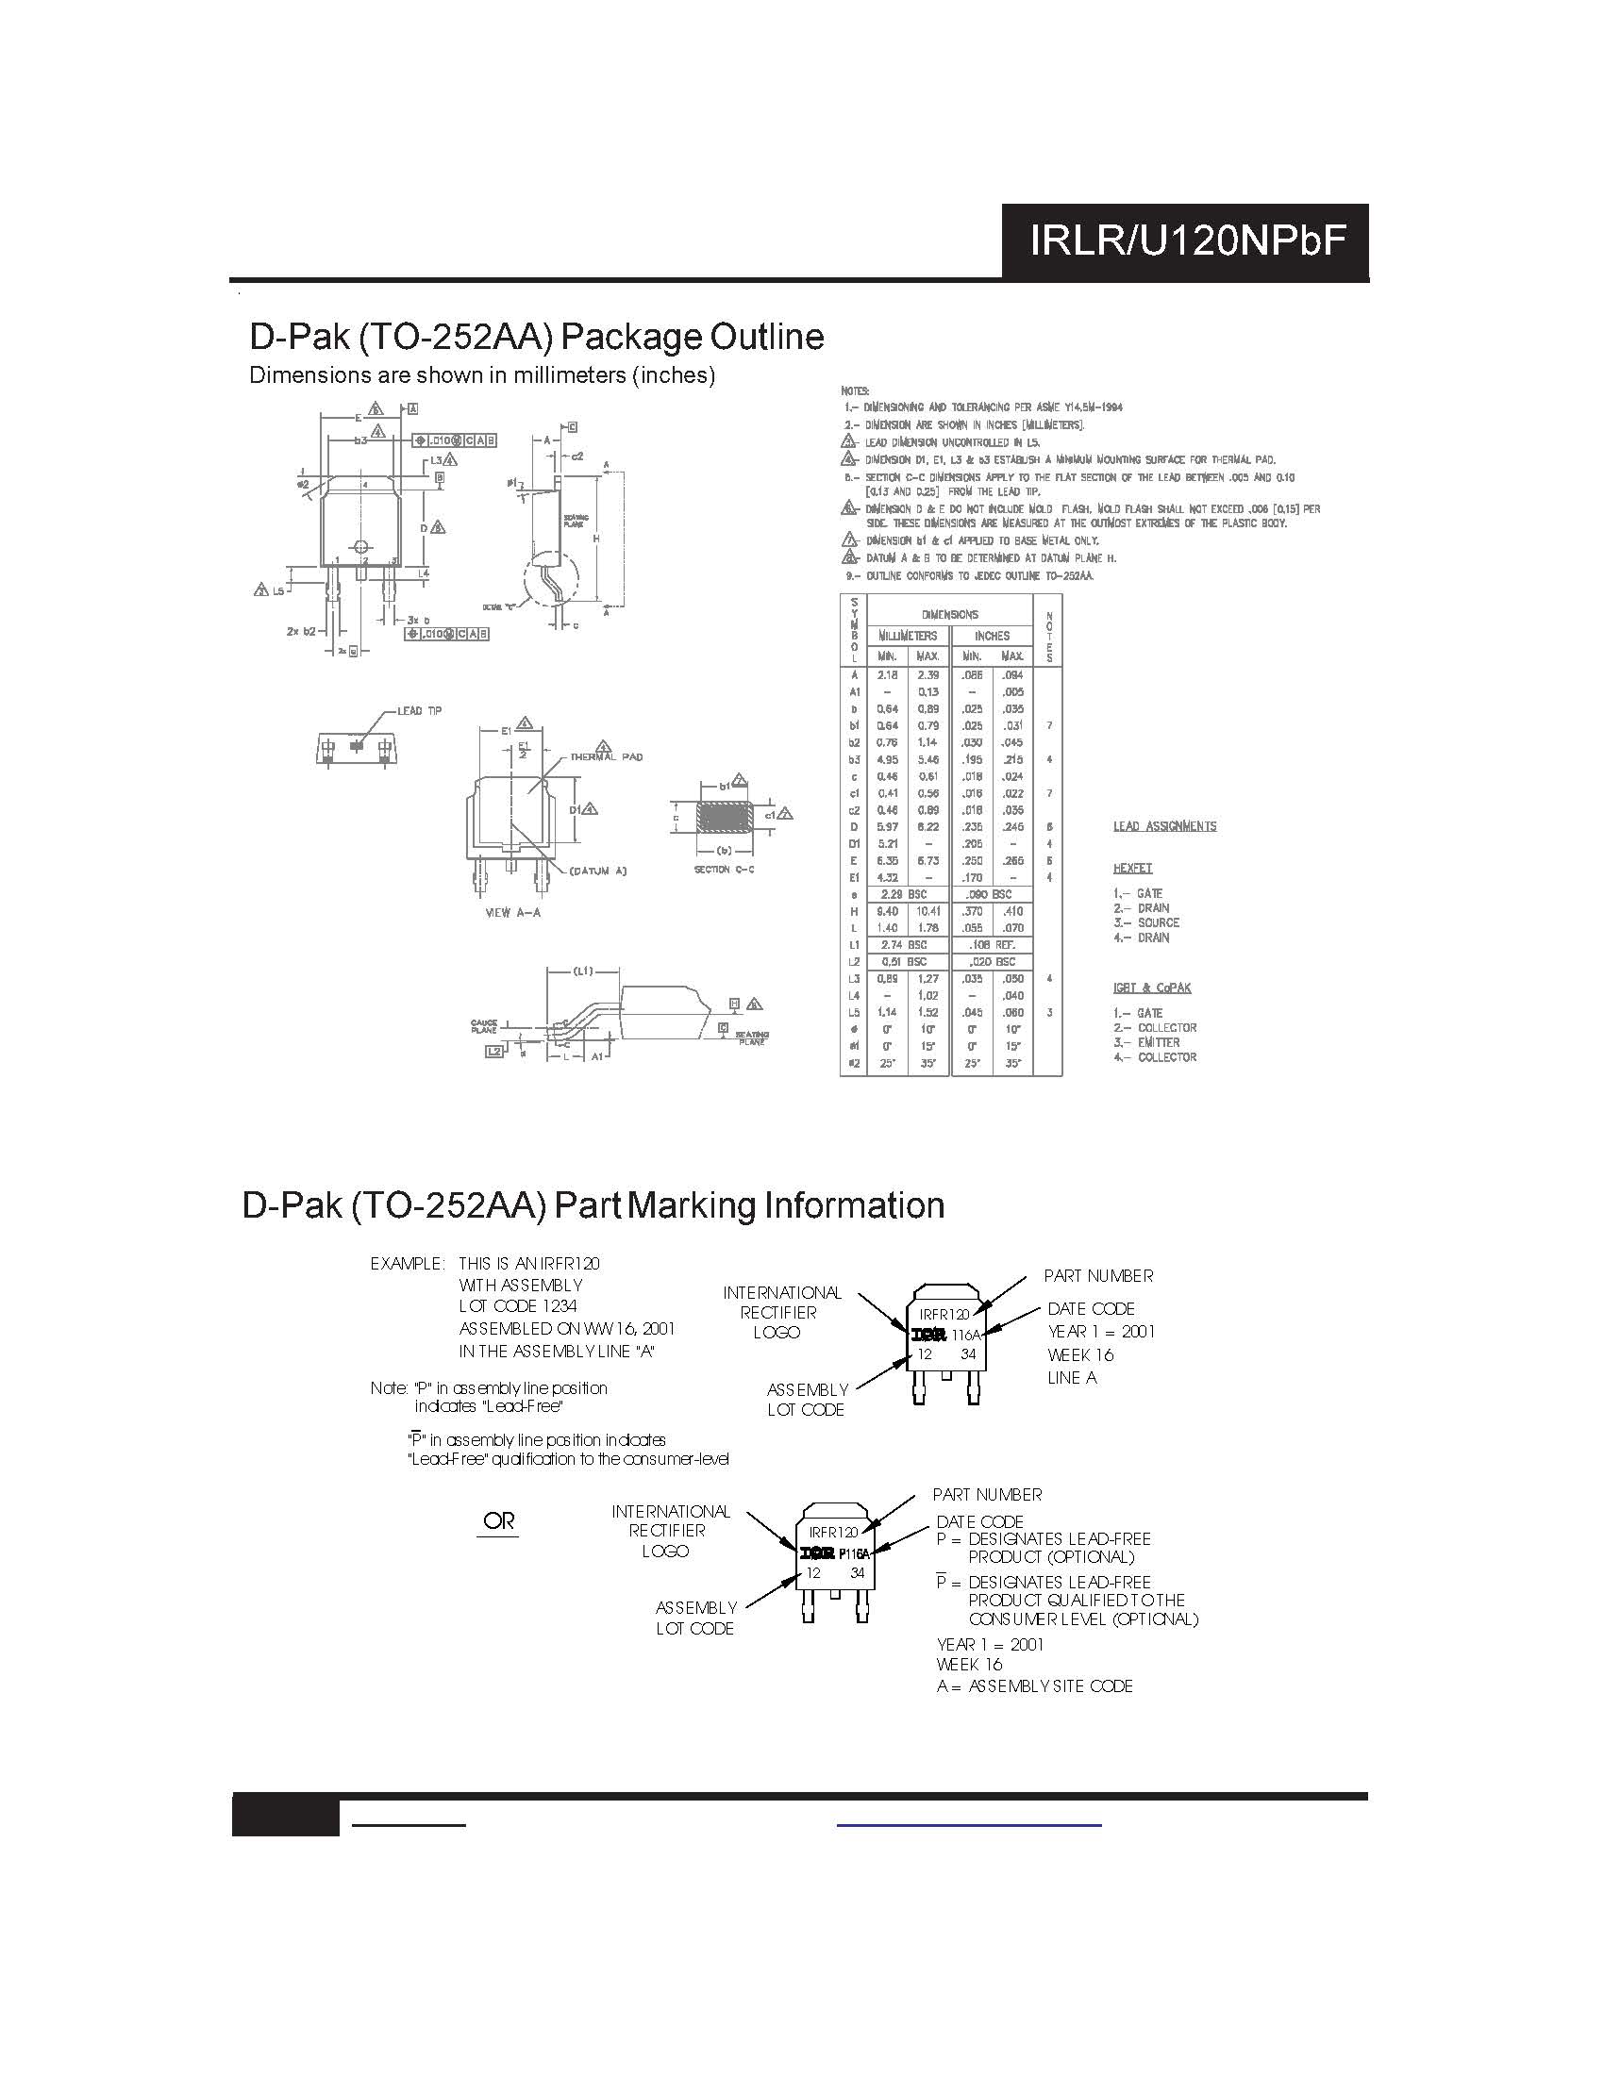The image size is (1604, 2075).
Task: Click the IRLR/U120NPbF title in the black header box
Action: point(1187,241)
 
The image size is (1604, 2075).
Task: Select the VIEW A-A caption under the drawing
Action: point(512,912)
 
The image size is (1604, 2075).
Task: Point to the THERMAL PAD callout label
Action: point(607,757)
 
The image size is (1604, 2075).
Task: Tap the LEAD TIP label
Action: point(419,710)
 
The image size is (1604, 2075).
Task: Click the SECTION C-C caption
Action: point(724,870)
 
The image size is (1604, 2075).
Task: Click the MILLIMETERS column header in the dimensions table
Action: point(908,636)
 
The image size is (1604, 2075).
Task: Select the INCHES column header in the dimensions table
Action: point(991,636)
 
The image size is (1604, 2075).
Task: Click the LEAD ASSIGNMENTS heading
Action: point(1164,826)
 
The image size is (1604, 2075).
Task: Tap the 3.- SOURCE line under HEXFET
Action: point(1146,922)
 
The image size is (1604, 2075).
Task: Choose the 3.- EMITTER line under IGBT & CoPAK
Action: point(1148,1042)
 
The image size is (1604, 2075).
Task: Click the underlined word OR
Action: point(498,1520)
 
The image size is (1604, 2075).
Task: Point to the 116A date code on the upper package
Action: point(965,1335)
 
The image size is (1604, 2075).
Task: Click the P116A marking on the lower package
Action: point(854,1553)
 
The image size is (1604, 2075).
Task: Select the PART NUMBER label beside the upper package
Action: point(1097,1276)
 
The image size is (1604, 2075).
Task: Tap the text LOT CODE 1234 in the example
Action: point(518,1306)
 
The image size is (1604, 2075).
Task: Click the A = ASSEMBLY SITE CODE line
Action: point(1034,1685)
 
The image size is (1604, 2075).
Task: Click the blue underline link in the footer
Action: point(968,1825)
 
